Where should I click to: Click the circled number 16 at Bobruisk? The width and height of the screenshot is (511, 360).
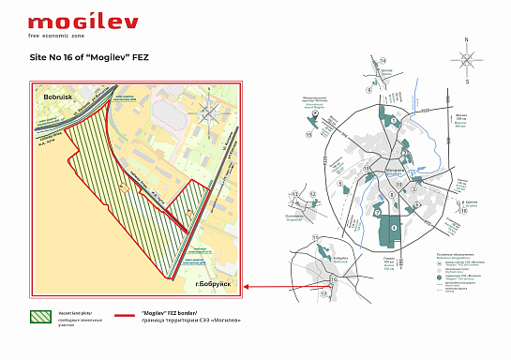point(333,279)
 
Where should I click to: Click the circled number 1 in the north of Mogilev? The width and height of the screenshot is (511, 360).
point(394,121)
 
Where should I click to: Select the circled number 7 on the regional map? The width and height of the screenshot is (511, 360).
point(377,213)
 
